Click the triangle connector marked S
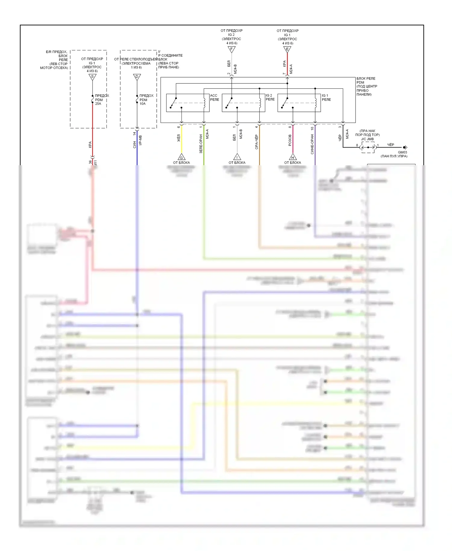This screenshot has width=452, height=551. pos(93,77)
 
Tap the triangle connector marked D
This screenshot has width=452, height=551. pos(137,77)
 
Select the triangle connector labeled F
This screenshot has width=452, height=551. pos(231,49)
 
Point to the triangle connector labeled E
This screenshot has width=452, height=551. pos(287,49)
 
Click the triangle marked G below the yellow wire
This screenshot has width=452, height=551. pos(181,157)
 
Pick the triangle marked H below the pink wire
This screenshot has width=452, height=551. pos(293,157)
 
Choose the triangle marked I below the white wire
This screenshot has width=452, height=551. pos(237,157)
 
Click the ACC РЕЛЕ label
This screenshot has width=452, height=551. pos(214,97)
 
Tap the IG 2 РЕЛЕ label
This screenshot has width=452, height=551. pos(270,97)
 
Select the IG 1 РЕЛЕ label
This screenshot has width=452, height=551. pos(326,97)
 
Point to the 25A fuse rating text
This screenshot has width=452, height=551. pos(98,104)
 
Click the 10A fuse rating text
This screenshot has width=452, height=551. pos(143,104)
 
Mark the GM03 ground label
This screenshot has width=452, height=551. pos(402,152)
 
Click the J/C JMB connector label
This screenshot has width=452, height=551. pos(367,139)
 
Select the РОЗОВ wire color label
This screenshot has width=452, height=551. pos(290,140)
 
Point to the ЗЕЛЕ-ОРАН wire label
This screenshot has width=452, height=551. pos(201,144)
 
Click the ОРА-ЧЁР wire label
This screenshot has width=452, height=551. pos(256,142)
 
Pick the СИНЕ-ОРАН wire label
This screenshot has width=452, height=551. pos(312,144)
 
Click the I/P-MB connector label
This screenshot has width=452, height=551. pos(140,140)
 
